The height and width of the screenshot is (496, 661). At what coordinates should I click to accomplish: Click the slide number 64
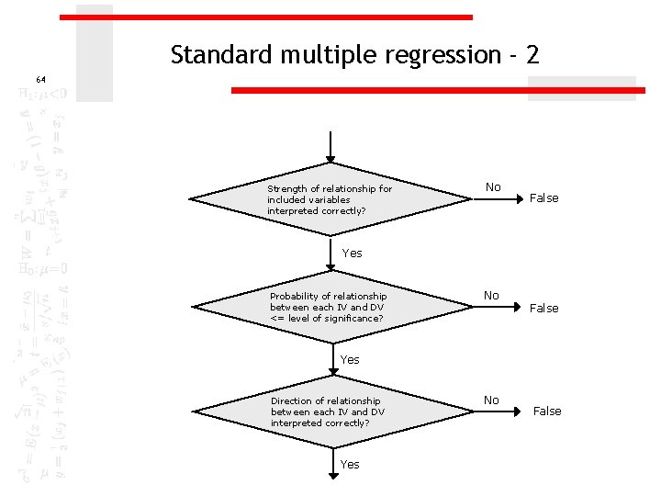pos(40,80)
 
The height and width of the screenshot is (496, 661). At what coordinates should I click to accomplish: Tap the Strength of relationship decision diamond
pos(330,199)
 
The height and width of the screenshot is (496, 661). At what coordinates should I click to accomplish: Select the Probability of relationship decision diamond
pos(330,307)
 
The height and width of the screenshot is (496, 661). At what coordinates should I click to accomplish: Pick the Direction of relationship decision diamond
pos(330,411)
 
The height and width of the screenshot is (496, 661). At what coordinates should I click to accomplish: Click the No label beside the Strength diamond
pos(493,187)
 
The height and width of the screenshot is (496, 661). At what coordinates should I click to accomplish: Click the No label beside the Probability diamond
pos(492,296)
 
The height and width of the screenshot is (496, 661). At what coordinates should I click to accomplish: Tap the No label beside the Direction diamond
pos(492,400)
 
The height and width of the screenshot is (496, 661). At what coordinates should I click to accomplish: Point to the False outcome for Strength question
pos(544,198)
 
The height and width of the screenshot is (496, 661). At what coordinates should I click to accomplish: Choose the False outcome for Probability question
pos(544,309)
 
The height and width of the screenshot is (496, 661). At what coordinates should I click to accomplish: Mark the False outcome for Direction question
pos(547,411)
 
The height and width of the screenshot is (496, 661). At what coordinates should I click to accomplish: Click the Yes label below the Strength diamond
pos(353,254)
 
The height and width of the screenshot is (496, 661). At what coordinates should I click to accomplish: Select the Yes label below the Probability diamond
pos(350,360)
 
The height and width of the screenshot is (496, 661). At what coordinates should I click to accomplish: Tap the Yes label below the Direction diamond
pos(350,465)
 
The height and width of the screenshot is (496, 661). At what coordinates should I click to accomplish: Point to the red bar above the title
pos(266,17)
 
